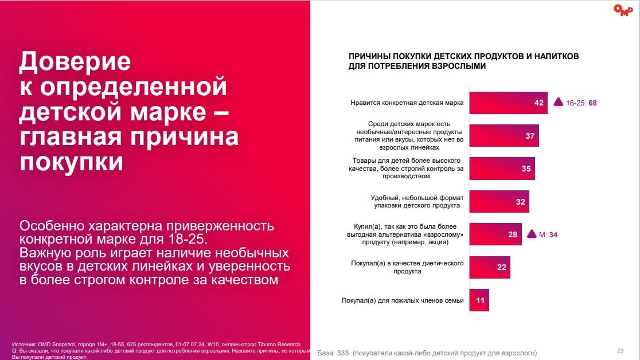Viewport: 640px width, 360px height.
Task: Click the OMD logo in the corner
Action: coord(623,10)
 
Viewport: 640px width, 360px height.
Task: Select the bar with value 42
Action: coord(508,103)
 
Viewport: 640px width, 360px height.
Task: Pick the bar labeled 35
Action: coord(502,169)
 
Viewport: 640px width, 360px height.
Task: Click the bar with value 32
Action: coord(499,201)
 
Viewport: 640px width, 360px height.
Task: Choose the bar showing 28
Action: coord(495,234)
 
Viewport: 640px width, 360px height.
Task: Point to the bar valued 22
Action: coord(489,267)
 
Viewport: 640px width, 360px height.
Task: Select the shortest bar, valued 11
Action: coord(479,300)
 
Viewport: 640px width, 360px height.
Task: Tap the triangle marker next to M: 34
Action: coord(531,234)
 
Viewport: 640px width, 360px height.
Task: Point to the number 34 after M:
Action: coord(553,234)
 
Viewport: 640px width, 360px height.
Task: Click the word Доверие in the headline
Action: coord(75,61)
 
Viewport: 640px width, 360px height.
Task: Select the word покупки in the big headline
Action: coord(72,162)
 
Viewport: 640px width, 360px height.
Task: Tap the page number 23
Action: coord(621,351)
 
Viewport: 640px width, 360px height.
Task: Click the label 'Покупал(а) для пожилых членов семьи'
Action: coord(403,300)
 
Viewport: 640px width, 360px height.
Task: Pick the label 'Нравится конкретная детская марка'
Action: coord(407,104)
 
